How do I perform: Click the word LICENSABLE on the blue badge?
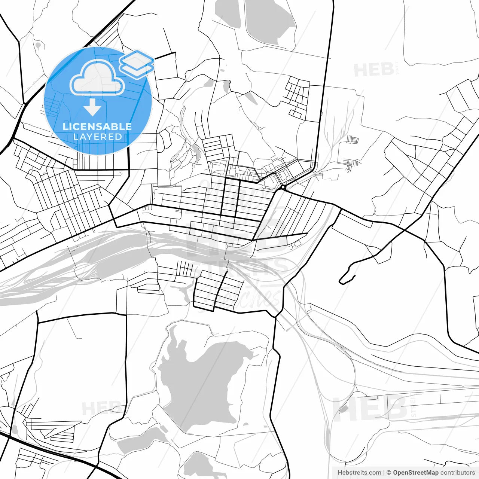click(x=97, y=126)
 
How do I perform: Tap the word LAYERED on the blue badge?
click(x=97, y=137)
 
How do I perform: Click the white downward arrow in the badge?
click(x=92, y=109)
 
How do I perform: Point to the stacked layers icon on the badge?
click(x=137, y=64)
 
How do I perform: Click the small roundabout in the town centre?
click(x=283, y=187)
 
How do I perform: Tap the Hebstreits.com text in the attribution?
click(x=359, y=473)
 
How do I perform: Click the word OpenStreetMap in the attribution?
click(x=416, y=473)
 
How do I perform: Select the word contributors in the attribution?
click(x=458, y=473)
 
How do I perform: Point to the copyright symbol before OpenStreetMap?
click(x=389, y=473)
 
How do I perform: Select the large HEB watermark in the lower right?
click(x=370, y=408)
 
